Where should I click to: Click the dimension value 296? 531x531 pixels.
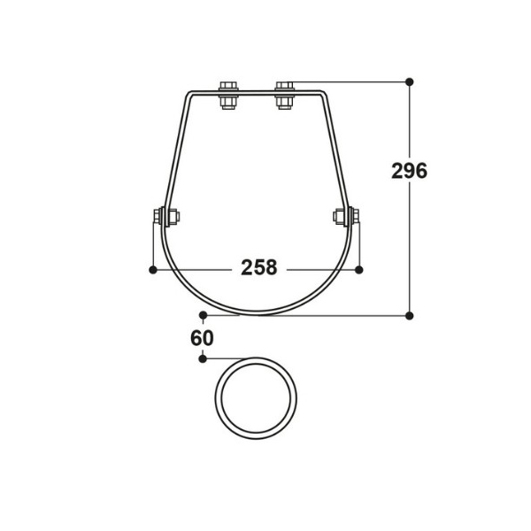[409, 171]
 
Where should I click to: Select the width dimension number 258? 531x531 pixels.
[258, 267]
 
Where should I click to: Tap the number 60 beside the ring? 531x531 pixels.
[203, 337]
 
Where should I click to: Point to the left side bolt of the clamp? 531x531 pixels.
[165, 215]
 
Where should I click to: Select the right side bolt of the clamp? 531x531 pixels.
[345, 215]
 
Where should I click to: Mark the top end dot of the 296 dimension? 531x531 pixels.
[409, 82]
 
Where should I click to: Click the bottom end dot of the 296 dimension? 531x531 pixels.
[409, 314]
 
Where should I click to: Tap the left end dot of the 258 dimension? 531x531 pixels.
[153, 267]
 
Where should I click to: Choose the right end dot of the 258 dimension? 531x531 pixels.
[359, 267]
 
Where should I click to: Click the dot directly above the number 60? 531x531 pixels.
[203, 314]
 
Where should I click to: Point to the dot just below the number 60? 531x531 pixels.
[203, 358]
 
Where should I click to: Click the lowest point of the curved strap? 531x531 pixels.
[258, 312]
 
